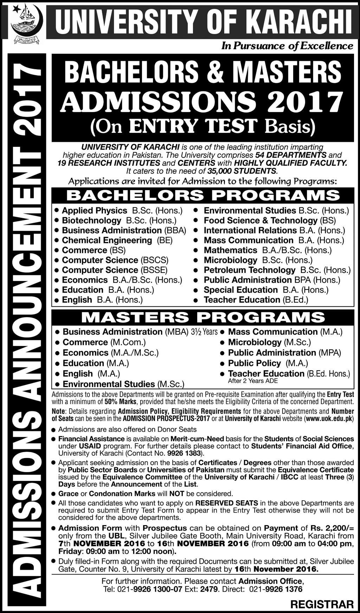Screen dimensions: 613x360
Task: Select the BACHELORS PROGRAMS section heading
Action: [x=203, y=196]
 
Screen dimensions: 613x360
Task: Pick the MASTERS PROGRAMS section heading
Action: [x=203, y=317]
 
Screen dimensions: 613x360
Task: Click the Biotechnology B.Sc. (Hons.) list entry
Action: [x=119, y=221]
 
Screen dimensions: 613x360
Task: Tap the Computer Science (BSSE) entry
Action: [x=115, y=270]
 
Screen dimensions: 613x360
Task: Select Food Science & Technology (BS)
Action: [x=270, y=221]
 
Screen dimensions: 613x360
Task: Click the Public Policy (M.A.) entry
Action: [x=268, y=363]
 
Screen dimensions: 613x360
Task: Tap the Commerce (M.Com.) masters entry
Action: [x=104, y=342]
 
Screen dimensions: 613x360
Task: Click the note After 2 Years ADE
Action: [x=253, y=381]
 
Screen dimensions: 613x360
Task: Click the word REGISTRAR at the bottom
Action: [x=322, y=604]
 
